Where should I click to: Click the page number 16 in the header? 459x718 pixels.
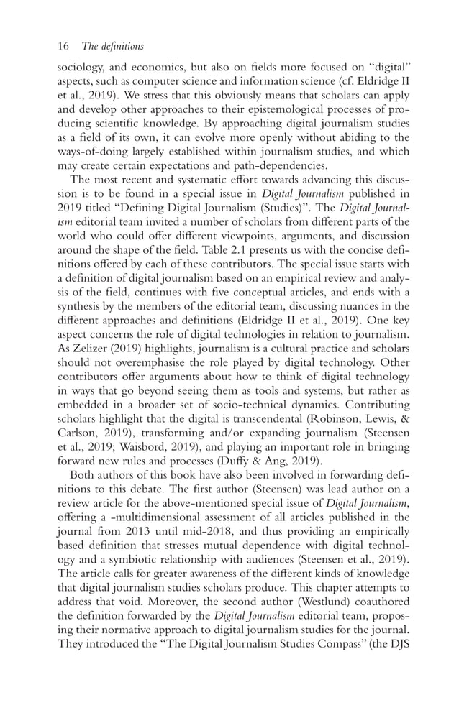coord(63,47)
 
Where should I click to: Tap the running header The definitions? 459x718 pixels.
coord(114,47)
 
